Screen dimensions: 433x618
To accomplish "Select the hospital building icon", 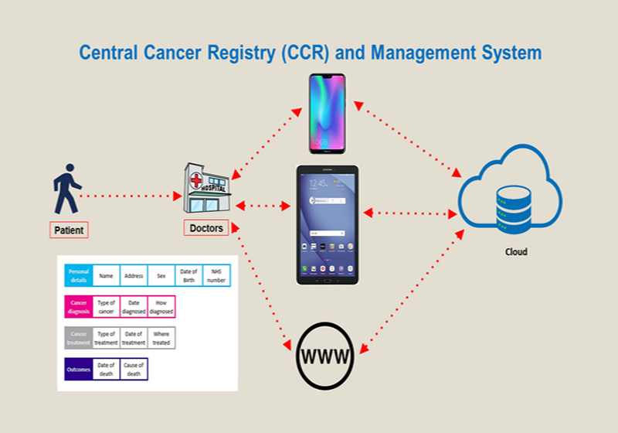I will (x=207, y=189).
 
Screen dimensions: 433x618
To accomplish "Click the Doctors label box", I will (x=206, y=228).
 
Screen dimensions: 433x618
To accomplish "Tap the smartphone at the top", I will (x=328, y=114).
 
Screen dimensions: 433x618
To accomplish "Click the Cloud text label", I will (x=516, y=252).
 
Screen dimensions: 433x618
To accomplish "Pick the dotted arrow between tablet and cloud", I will (x=410, y=213).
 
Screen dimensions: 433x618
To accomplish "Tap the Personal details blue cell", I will (x=79, y=275).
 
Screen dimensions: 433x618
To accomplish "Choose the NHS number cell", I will (x=216, y=275).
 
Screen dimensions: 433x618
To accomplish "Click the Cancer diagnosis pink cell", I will (x=79, y=307).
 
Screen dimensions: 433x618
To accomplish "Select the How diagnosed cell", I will (x=161, y=307).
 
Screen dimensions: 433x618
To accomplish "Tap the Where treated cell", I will (x=161, y=338).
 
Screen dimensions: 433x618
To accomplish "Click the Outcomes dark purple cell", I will (x=79, y=370).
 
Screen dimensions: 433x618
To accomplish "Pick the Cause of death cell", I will (x=134, y=370).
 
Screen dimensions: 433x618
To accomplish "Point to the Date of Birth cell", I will (x=188, y=275).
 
